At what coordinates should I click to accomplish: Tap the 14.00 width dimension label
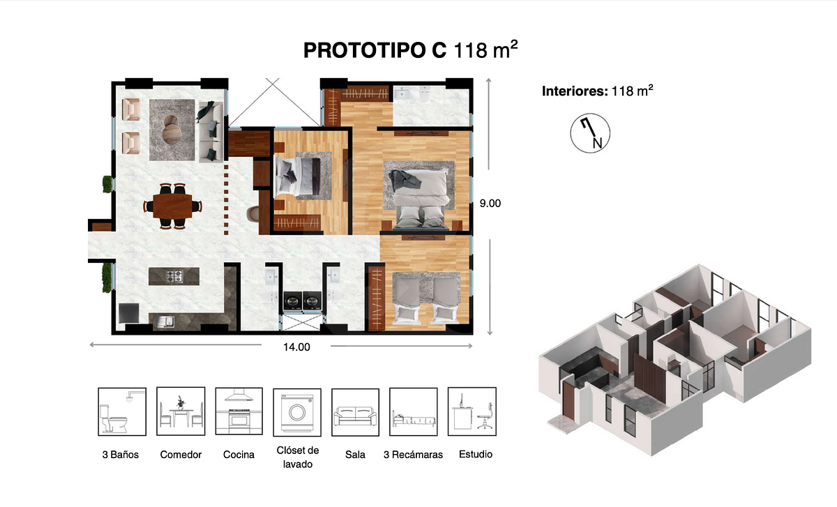click(296, 347)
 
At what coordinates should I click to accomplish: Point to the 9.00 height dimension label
click(490, 203)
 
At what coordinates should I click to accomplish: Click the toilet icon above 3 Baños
click(122, 411)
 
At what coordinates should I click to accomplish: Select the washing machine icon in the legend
click(297, 412)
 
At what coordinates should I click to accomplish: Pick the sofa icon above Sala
click(355, 412)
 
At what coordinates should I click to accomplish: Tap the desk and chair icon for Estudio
click(472, 411)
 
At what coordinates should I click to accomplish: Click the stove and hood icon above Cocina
click(239, 411)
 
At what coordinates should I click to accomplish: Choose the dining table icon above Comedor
click(181, 411)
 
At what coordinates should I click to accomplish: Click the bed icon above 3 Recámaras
click(413, 411)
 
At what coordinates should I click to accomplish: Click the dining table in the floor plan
click(173, 206)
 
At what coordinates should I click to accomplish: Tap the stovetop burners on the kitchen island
click(174, 276)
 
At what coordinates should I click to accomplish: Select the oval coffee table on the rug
click(172, 129)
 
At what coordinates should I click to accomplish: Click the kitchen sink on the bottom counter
click(165, 321)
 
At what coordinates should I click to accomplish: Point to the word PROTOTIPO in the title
click(375, 50)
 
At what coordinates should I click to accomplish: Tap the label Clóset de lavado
click(297, 457)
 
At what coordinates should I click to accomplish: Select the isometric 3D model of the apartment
click(675, 360)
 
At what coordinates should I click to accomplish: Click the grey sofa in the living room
click(211, 132)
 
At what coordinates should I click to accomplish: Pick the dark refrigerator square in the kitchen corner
click(129, 313)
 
